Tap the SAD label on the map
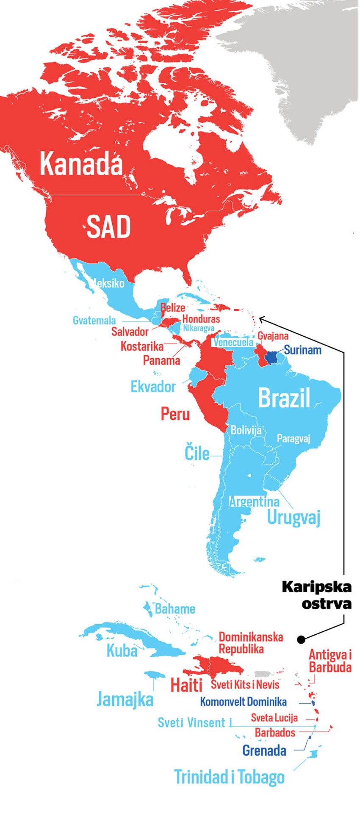click(x=108, y=227)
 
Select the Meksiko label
click(x=108, y=283)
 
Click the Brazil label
click(x=284, y=398)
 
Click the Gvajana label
click(x=273, y=336)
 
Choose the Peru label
click(x=175, y=414)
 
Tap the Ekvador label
click(x=153, y=387)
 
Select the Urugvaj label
click(x=294, y=517)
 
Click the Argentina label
click(x=254, y=502)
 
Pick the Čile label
click(x=197, y=453)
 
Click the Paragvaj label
click(x=293, y=438)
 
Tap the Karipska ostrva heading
click(x=316, y=595)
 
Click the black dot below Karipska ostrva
click(x=301, y=639)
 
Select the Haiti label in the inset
click(x=186, y=684)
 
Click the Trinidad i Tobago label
click(x=229, y=777)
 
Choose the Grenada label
click(x=264, y=751)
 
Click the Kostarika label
click(x=142, y=346)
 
